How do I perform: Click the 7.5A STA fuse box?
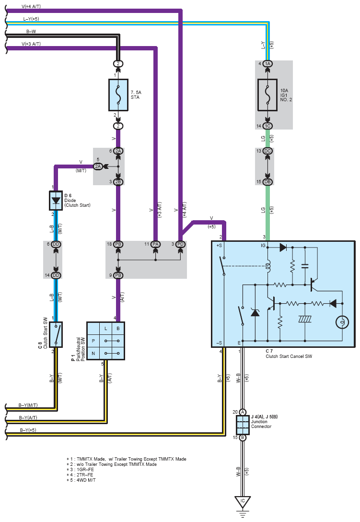pos(118,95)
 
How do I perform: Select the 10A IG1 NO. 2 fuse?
pos(267,95)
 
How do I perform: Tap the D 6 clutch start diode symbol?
pos(56,201)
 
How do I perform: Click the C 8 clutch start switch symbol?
pos(56,334)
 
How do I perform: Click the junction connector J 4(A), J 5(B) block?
pos(243,425)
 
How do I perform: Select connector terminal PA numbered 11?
pos(155,244)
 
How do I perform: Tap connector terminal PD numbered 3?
pos(180,244)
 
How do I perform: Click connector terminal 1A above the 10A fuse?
pos(267,64)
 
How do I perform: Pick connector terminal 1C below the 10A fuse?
pos(267,126)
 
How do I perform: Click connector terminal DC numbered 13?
pos(267,151)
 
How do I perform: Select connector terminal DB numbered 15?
pos(267,182)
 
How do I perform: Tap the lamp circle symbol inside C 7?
pos(342,322)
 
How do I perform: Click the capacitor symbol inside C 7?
pos(305,266)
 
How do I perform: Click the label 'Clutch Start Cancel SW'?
pos(289,356)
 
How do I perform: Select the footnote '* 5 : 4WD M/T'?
pos(81,480)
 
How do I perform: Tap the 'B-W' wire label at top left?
pos(31,31)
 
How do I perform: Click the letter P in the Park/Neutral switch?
pos(93,341)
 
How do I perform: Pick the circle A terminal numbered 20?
pos(243,412)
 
